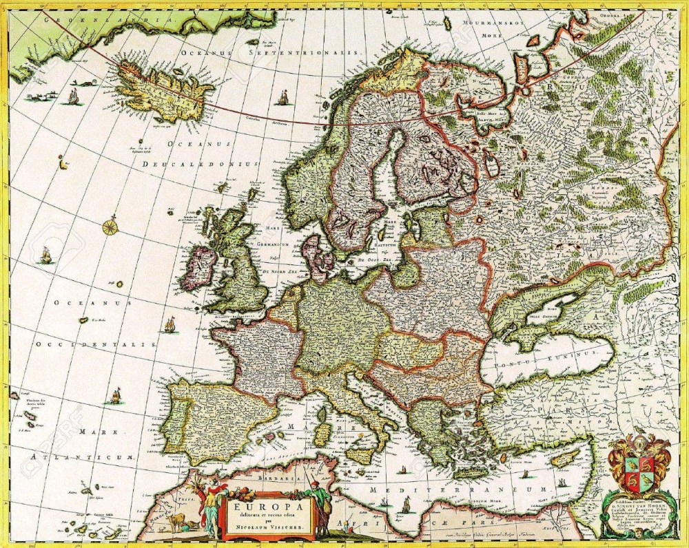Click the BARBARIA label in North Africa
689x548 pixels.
[258, 475]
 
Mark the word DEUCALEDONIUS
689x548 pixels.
[200, 165]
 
